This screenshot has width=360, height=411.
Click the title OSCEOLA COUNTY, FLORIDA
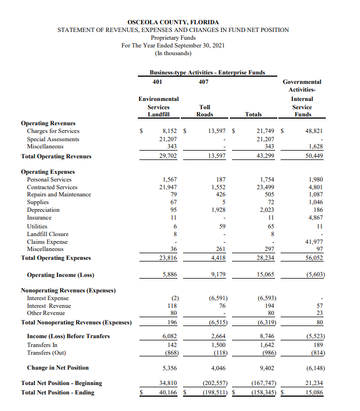click(x=173, y=22)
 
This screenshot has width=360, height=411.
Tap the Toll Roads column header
click(x=205, y=110)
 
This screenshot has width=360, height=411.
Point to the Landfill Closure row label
click(x=49, y=234)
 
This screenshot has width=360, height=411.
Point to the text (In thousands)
click(x=173, y=53)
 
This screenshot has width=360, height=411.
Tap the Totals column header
click(x=257, y=114)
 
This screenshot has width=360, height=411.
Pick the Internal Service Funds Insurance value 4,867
click(x=313, y=218)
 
